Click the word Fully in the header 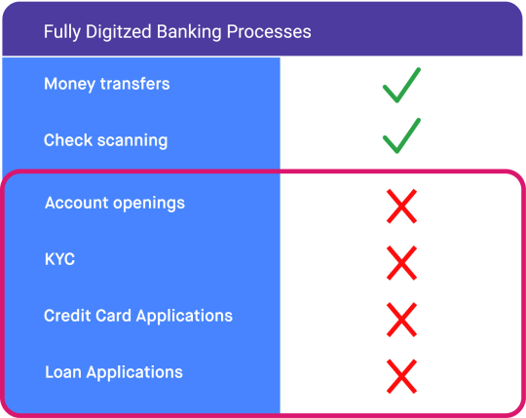tap(62, 32)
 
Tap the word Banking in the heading tap(189, 32)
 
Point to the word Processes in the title tap(269, 32)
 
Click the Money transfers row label tap(107, 84)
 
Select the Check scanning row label tap(105, 140)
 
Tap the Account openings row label tap(115, 203)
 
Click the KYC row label tap(59, 259)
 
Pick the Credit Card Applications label tap(138, 316)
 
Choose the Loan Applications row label tap(114, 372)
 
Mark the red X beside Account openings tap(401, 206)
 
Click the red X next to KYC tap(401, 263)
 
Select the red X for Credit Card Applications tap(401, 320)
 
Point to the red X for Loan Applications tap(401, 376)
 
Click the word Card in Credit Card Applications tap(113, 316)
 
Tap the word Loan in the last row tap(63, 372)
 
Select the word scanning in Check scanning tap(132, 140)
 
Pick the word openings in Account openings tap(149, 204)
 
